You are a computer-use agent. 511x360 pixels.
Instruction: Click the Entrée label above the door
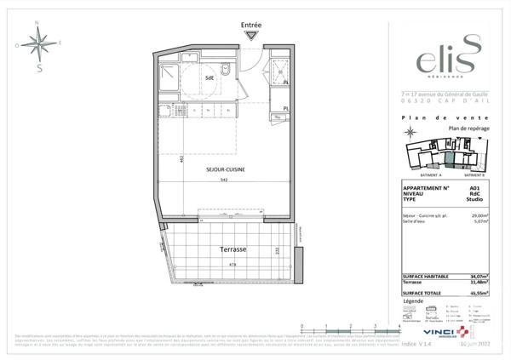[251, 25]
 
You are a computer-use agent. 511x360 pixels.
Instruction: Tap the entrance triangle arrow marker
[251, 35]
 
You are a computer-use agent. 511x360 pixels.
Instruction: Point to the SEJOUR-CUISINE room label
[226, 170]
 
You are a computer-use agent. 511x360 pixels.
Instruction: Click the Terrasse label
[233, 250]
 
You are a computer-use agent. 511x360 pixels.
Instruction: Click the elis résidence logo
[439, 59]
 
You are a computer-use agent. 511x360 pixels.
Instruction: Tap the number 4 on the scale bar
[399, 326]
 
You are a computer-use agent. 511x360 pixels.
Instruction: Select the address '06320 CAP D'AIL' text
[439, 101]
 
